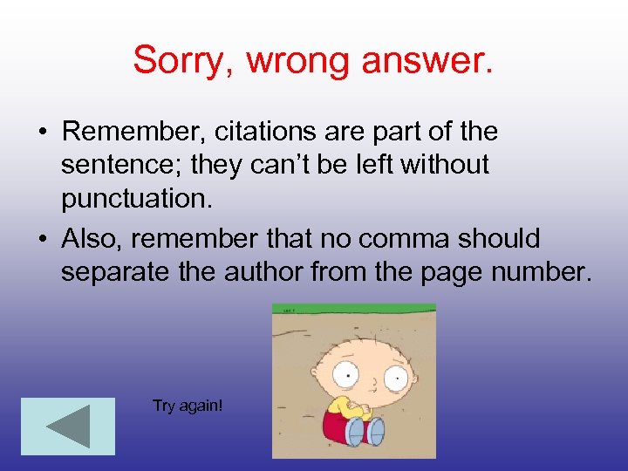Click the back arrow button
[x=67, y=426]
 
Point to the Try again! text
[x=188, y=406]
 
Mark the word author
[x=273, y=271]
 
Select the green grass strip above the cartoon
[x=354, y=309]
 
